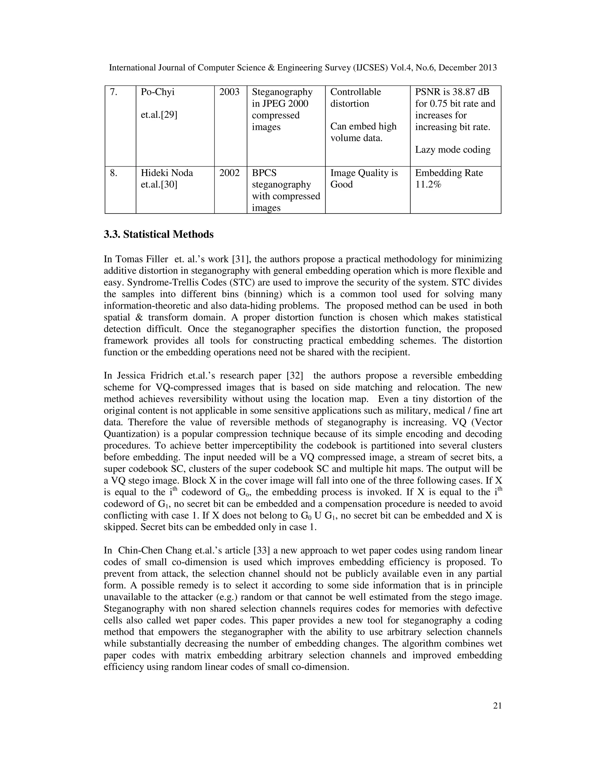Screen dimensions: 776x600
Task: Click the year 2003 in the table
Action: tap(229, 92)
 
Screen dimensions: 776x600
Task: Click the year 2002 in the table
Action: tap(229, 173)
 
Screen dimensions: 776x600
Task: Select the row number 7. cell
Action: tap(113, 92)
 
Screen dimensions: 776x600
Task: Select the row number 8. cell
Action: tap(113, 173)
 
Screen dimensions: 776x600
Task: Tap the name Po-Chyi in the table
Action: tap(157, 92)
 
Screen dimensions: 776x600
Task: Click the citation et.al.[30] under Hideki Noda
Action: tap(159, 185)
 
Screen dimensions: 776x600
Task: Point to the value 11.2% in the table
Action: tap(428, 185)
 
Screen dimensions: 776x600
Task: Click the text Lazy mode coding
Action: tap(452, 150)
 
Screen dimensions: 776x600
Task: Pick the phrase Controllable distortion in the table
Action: tap(355, 98)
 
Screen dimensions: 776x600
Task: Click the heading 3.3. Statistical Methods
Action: tap(158, 235)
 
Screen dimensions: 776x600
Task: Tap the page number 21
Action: tap(497, 706)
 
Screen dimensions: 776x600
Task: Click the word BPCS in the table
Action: tap(264, 173)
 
